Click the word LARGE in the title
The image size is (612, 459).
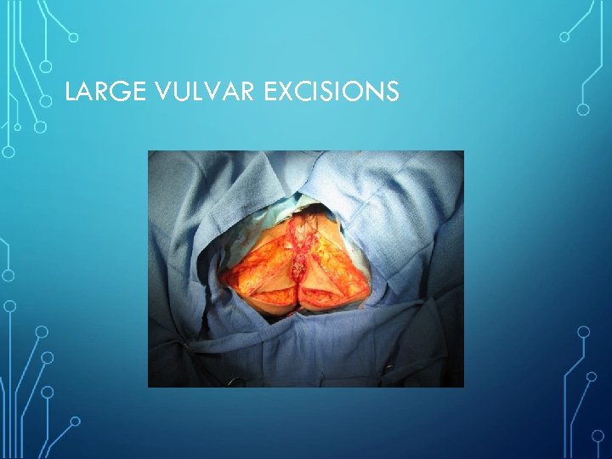pyautogui.click(x=96, y=91)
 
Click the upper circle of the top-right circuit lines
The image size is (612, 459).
pyautogui.click(x=564, y=37)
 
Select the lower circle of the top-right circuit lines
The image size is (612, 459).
pyautogui.click(x=583, y=109)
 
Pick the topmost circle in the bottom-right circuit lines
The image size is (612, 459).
pyautogui.click(x=583, y=331)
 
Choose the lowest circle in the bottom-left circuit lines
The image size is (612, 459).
pyautogui.click(x=74, y=421)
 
